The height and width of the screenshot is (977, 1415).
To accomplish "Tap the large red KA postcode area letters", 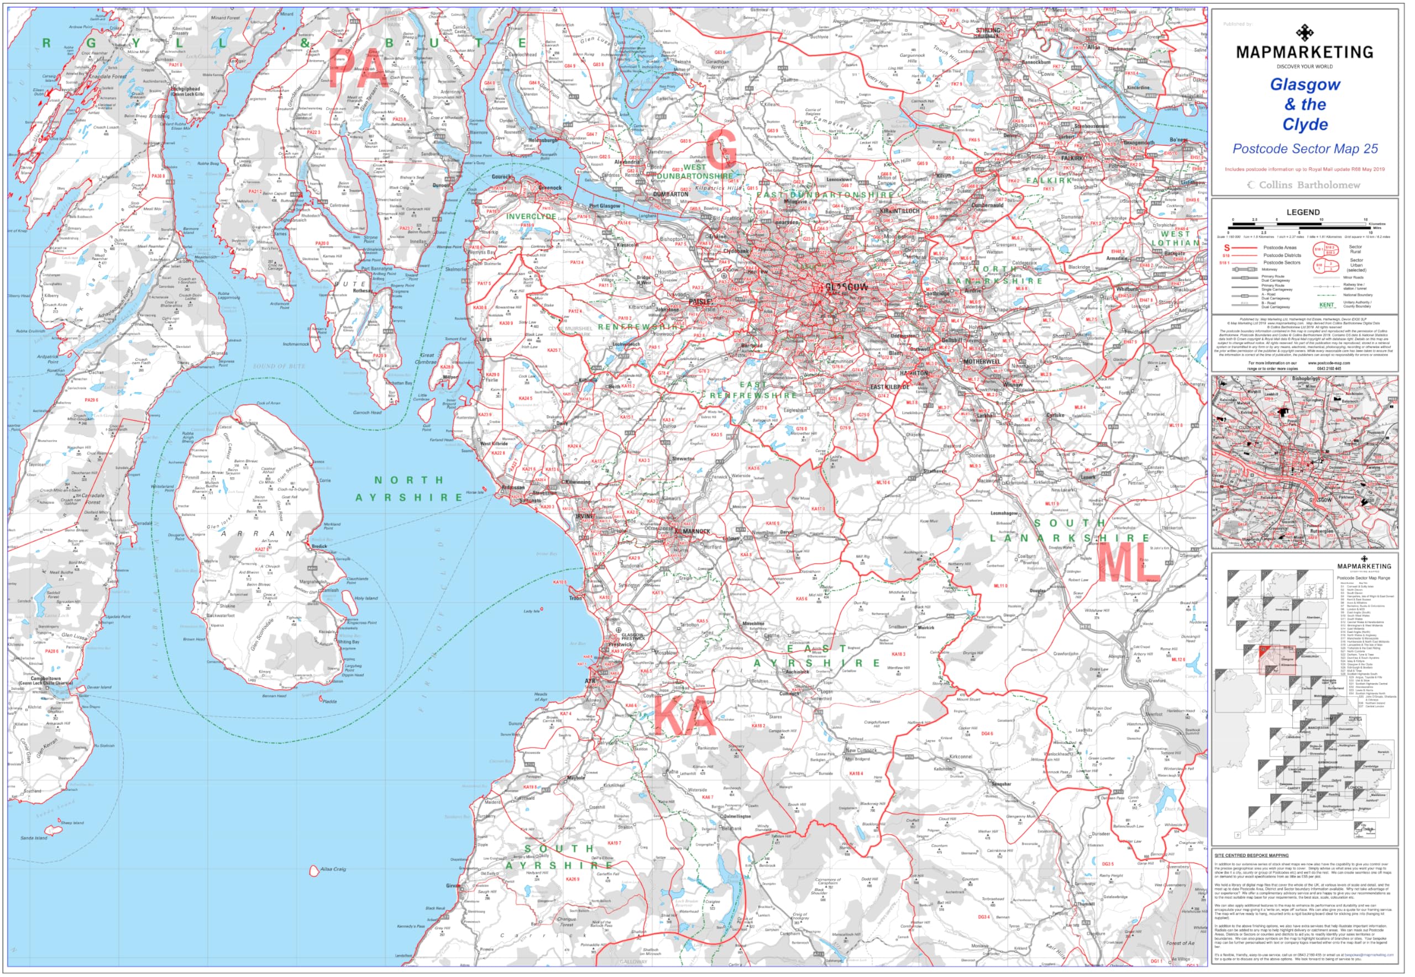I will coord(684,717).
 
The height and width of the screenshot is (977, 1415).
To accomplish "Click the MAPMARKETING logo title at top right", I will coord(1304,52).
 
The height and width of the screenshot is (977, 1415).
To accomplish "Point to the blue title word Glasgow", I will coord(1305,85).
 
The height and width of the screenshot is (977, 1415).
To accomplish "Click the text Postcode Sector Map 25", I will coord(1305,149).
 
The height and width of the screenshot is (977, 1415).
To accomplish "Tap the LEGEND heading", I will coord(1303,213).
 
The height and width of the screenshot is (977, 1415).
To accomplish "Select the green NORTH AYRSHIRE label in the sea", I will coord(409,489).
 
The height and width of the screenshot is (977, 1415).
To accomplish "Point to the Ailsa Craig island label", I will coord(333,869).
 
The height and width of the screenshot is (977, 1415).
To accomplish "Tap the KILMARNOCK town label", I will coord(692,531).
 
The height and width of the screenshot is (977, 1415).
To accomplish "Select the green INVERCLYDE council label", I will coord(531,216).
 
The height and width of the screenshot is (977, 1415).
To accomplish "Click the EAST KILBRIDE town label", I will coord(890,388).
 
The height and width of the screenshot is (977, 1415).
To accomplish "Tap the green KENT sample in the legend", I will coord(1326,305).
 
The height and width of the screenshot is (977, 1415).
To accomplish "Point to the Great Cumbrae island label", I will coord(427,358).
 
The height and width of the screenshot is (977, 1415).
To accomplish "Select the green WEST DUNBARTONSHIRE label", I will coord(695,171).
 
